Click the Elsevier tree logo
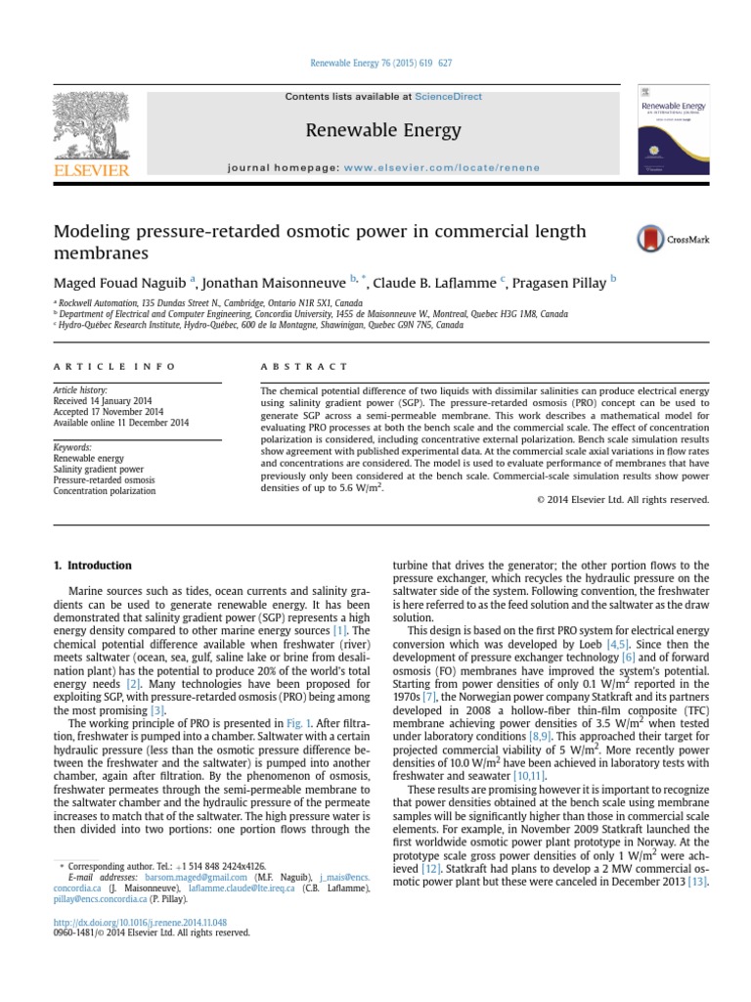pos(89,126)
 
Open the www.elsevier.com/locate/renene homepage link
pos(455,167)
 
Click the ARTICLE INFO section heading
pos(114,366)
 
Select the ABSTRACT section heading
pos(304,366)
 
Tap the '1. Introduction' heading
pos(92,566)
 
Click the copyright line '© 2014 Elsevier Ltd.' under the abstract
pos(622,499)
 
